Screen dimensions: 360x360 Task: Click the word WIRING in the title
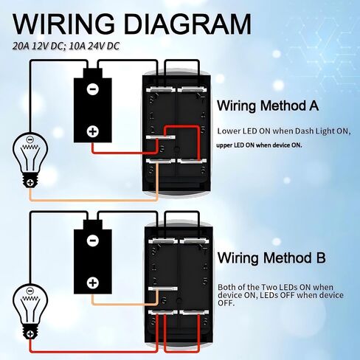pos(63,24)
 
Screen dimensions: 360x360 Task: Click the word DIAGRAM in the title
pos(188,24)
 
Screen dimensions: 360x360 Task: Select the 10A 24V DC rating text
pos(94,46)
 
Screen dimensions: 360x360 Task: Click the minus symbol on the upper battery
pos(93,89)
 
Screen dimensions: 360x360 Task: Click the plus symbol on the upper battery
pos(93,131)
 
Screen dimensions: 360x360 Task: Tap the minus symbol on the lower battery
pos(93,240)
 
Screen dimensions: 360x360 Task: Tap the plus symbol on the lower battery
pos(93,283)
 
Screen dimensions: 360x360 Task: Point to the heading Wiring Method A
pos(268,106)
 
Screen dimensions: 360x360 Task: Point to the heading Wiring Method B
pos(271,258)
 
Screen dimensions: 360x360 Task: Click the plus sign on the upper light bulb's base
pos(30,182)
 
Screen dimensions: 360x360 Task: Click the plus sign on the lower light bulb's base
pos(30,334)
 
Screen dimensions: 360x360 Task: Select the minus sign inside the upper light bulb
pos(30,139)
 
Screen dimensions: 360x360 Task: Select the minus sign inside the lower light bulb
pos(30,291)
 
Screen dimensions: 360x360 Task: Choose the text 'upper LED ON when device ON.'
pos(259,145)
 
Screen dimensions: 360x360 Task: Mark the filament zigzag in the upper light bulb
pos(30,148)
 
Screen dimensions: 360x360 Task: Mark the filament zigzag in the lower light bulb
pos(30,299)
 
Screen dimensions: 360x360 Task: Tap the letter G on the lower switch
pos(163,300)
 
